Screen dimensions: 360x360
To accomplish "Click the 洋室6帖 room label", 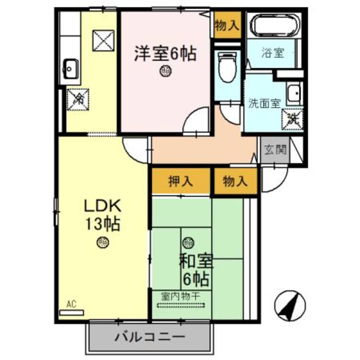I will [165, 54].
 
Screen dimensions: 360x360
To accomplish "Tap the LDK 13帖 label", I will [103, 214].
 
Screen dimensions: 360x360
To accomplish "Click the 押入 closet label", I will [181, 182].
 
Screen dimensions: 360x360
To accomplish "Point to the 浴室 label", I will [272, 54].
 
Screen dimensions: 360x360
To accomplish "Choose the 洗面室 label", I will [264, 103].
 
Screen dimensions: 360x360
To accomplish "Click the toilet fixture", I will [226, 69].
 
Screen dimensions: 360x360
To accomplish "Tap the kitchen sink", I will [71, 68].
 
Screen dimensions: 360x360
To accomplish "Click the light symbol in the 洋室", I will [166, 71].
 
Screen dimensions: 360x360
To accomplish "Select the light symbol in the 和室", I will [187, 243].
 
